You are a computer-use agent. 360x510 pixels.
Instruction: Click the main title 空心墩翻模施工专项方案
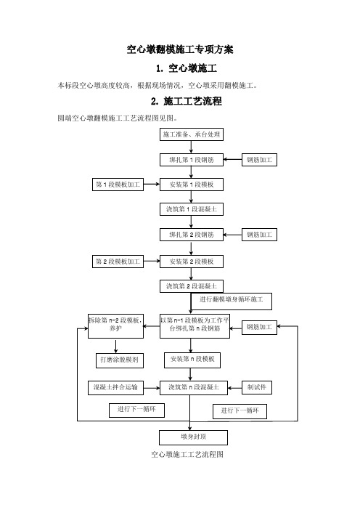(180, 49)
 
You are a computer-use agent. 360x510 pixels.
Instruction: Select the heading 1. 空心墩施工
(187, 68)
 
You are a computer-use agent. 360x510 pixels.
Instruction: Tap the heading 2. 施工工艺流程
(187, 101)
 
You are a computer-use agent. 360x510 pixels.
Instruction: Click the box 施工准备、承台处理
(192, 134)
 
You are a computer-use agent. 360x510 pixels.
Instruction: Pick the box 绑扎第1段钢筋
(192, 160)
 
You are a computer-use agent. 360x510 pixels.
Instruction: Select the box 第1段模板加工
(118, 185)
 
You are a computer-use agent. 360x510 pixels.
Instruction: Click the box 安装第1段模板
(192, 185)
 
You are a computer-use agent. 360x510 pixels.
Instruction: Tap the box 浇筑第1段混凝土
(192, 209)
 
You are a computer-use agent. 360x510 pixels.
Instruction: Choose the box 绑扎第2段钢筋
(192, 235)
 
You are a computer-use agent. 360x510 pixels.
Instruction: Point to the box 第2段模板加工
(118, 262)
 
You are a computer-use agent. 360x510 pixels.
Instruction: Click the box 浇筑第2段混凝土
(192, 286)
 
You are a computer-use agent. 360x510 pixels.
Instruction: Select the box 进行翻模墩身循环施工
(231, 301)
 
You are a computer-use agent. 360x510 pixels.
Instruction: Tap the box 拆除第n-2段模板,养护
(115, 326)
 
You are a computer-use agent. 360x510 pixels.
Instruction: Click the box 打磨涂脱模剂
(120, 360)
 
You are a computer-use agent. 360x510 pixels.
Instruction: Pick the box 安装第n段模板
(192, 360)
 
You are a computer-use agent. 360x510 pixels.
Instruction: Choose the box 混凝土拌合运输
(115, 388)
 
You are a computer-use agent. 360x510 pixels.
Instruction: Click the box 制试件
(257, 387)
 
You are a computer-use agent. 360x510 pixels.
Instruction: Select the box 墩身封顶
(193, 437)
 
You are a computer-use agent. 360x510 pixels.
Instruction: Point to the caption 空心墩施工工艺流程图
(187, 454)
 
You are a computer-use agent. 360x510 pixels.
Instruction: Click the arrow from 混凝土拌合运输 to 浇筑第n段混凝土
(152, 388)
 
